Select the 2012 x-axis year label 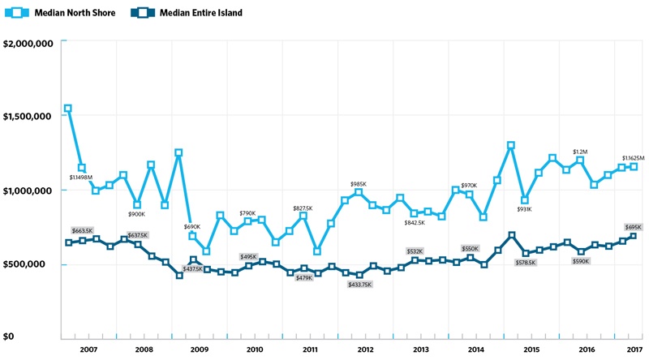tap(365, 349)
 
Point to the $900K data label tap(136, 214)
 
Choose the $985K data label tap(359, 185)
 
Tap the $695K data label tap(634, 227)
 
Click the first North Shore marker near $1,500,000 tap(68, 109)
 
